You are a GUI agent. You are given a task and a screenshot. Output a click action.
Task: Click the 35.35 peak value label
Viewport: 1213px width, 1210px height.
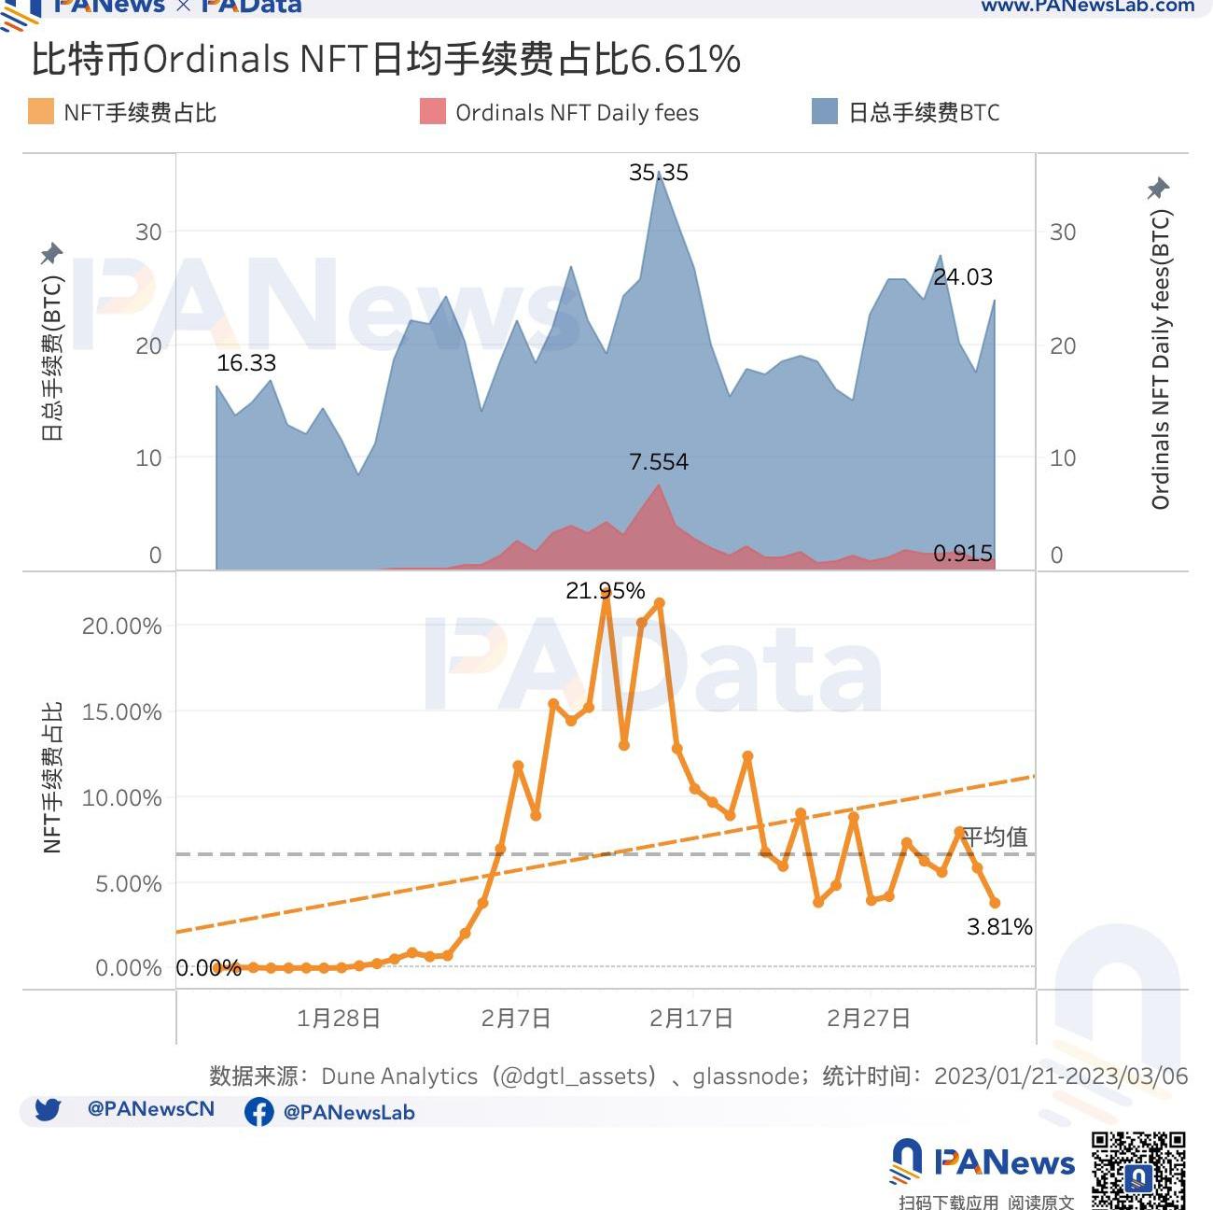[658, 173]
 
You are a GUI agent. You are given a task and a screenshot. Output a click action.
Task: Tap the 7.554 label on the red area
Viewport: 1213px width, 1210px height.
[658, 462]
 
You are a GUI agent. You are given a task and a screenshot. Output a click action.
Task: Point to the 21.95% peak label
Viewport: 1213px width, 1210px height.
[605, 591]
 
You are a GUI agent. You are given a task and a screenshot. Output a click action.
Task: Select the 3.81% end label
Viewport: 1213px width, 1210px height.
[999, 927]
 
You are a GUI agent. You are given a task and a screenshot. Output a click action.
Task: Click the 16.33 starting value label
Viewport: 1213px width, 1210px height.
[246, 363]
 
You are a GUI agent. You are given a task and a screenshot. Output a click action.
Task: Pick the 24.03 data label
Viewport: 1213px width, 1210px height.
[963, 277]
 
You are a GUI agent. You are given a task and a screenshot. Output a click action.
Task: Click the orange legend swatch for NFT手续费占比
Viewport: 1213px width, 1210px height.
[41, 112]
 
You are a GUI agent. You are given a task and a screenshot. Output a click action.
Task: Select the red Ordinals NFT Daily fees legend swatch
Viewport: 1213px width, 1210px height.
[433, 112]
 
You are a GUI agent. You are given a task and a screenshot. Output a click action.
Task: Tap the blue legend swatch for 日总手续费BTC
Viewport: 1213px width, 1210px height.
[825, 112]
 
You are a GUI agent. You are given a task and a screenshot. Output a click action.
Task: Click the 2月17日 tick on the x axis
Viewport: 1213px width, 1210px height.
[690, 1018]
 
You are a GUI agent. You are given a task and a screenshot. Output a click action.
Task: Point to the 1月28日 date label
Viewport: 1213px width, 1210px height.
[338, 1018]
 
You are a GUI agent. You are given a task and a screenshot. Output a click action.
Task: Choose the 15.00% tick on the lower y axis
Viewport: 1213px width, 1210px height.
[122, 712]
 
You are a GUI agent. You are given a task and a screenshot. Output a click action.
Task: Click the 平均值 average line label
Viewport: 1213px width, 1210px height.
[995, 837]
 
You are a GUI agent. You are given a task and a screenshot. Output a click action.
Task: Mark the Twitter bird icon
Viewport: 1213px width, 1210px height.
[48, 1109]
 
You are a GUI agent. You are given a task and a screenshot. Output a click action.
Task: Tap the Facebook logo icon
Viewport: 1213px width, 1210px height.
[258, 1112]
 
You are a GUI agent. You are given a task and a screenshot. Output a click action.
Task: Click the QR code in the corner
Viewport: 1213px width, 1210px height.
[1138, 1169]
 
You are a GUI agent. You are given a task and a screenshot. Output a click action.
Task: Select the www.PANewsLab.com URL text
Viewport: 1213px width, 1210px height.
[1087, 7]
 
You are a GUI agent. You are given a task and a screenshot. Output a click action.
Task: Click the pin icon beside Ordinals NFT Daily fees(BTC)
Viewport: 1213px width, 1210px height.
[1158, 188]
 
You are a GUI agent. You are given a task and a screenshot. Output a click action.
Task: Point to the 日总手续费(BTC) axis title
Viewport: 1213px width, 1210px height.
[52, 358]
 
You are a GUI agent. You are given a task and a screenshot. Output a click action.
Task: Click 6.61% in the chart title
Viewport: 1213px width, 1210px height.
[686, 60]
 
